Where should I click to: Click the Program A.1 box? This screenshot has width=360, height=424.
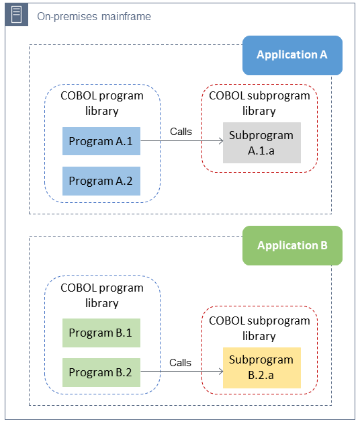point(101,141)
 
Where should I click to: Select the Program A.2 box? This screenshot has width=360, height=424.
point(101,181)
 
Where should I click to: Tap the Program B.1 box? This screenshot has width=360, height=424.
point(101,333)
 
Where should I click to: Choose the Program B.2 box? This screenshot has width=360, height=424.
point(101,372)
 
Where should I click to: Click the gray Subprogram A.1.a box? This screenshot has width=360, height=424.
point(261,142)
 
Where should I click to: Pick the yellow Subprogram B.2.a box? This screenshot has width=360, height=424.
point(261,367)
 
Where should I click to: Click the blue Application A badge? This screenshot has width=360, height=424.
point(292,55)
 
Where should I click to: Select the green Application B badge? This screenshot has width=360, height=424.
point(292,245)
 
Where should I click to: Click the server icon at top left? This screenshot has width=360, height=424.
point(17,15)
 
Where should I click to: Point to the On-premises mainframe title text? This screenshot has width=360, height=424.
point(94,15)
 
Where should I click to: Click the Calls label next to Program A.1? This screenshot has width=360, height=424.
point(181,132)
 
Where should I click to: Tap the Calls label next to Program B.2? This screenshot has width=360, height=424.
point(180,363)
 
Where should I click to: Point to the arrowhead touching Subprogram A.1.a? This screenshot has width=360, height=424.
point(220,141)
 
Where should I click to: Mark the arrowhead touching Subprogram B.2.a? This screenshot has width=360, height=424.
point(220,372)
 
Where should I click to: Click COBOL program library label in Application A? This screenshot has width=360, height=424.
point(102,103)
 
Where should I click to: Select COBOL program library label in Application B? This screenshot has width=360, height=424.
point(102,295)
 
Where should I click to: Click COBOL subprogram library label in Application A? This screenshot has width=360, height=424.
point(259,103)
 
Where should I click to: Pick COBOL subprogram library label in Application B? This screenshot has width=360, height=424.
point(259,328)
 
